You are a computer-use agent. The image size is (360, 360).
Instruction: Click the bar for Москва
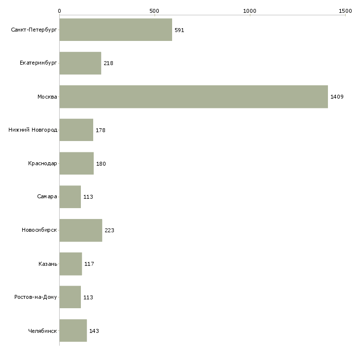click(193, 97)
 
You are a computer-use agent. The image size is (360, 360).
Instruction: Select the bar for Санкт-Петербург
click(115, 30)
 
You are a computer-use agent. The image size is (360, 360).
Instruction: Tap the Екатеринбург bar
click(80, 63)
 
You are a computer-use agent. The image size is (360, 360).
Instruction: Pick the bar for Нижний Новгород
click(76, 130)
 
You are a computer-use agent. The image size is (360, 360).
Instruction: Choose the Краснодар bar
click(76, 164)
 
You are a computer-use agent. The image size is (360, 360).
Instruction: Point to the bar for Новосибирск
click(80, 230)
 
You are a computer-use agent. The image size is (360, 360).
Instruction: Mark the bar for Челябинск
click(73, 331)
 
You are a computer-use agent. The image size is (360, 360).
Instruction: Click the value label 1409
click(337, 97)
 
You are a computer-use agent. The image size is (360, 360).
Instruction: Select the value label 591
click(179, 30)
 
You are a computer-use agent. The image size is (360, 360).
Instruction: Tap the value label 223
click(109, 230)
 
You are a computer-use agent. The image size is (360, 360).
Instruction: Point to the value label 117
click(89, 264)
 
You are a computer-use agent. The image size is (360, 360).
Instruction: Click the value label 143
click(94, 331)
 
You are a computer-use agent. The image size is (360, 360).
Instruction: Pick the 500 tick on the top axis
click(154, 11)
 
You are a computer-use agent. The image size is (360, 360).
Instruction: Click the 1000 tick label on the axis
click(250, 11)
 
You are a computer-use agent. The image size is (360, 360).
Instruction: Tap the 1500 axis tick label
click(345, 11)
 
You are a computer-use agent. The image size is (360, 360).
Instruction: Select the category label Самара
click(47, 197)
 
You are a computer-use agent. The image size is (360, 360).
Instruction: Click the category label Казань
click(48, 264)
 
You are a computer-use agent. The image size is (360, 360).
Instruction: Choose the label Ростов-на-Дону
click(36, 297)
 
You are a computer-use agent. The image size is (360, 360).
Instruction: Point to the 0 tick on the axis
click(59, 11)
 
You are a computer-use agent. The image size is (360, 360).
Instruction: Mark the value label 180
click(101, 164)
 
